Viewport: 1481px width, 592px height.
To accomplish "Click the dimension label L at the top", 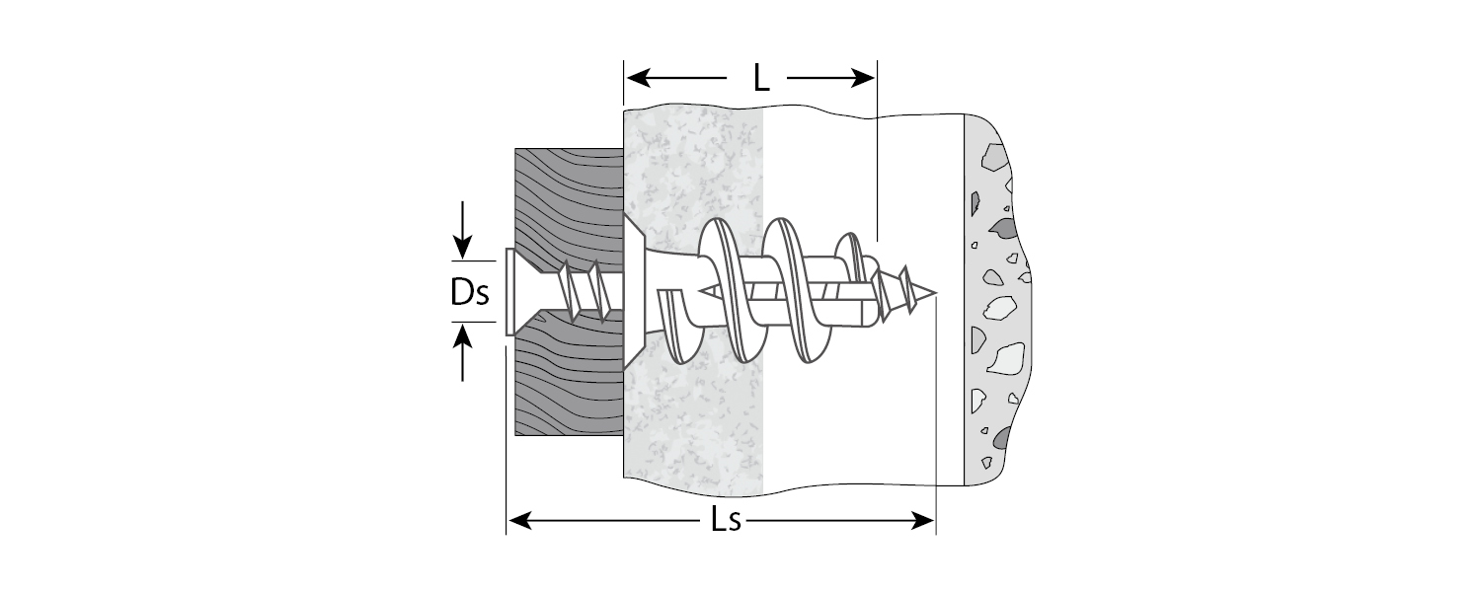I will (760, 78).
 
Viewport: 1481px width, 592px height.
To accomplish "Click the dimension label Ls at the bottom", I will (726, 521).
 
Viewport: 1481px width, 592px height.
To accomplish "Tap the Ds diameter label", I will (470, 293).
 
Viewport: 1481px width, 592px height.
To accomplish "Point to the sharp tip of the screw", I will (932, 293).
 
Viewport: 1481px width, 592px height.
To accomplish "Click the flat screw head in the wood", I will (509, 293).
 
